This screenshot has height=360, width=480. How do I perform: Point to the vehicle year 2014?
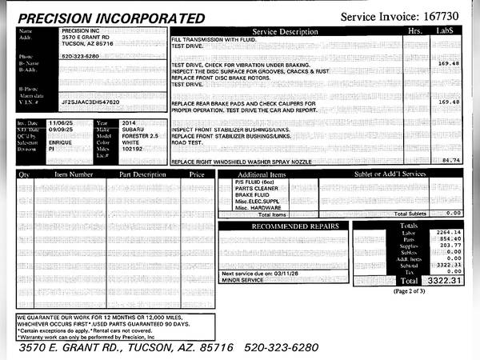tap(130, 123)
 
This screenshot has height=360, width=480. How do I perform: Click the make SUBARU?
tap(134, 130)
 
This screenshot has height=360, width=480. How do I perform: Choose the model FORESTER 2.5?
tap(141, 136)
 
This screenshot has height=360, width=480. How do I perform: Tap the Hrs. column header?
tap(414, 31)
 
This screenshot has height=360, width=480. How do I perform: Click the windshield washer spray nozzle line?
tap(242, 162)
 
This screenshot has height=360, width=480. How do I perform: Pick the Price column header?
tap(197, 174)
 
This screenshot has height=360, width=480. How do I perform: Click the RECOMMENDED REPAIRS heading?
tap(284, 226)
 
